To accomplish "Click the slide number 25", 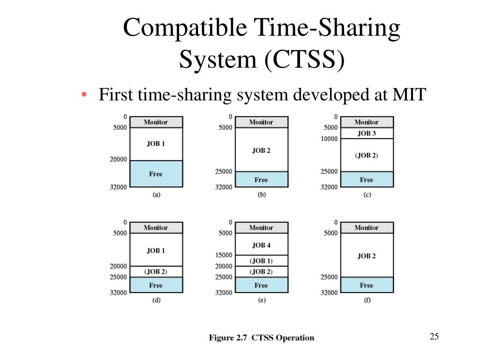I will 434,337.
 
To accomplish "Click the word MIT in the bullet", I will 409,95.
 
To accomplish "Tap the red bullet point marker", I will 84,95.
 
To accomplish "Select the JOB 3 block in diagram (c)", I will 367,133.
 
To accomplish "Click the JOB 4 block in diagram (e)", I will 261,245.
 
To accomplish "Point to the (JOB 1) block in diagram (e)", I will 261,261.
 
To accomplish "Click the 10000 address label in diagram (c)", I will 329,139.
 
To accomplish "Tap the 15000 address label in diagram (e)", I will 224,255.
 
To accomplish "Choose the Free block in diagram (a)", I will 156,174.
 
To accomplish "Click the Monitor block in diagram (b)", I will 261,122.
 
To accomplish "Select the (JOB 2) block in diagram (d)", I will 156,271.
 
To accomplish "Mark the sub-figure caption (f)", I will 367,300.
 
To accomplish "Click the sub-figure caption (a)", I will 156,195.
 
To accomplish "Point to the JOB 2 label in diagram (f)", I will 367,256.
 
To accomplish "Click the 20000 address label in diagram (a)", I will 118,159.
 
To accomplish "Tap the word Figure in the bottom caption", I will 222,337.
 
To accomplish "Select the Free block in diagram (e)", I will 261,285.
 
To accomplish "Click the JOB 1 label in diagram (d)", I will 156,250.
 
